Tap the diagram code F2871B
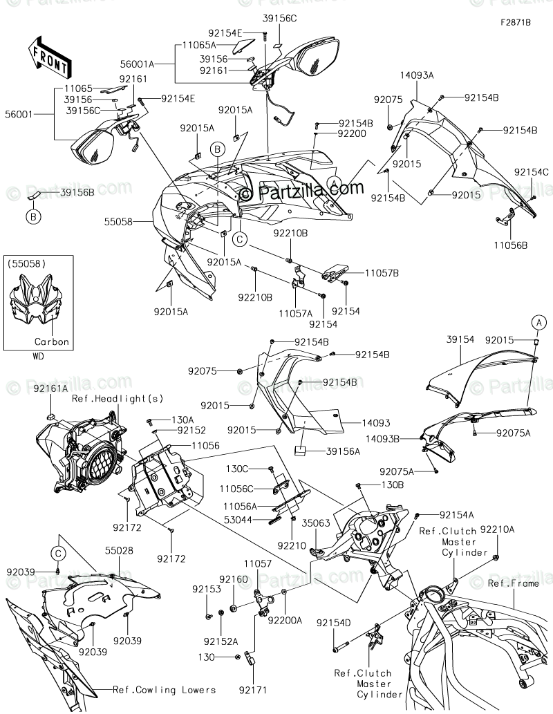(x=516, y=23)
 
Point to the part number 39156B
(x=77, y=192)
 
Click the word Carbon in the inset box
(x=52, y=342)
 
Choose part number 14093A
(x=416, y=75)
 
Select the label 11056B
(x=511, y=245)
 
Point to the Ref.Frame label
(x=512, y=583)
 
